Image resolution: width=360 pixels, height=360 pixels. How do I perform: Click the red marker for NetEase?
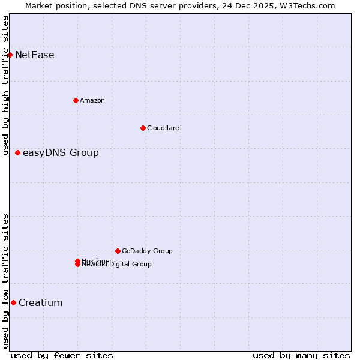10,55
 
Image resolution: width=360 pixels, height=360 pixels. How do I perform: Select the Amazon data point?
76,100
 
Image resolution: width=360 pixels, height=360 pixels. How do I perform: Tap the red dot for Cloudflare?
143,128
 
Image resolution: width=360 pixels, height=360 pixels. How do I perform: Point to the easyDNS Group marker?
17,152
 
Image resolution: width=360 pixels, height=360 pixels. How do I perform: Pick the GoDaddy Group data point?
118,251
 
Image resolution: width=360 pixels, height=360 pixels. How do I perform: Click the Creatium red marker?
13,302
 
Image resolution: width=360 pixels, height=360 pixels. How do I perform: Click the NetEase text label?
35,55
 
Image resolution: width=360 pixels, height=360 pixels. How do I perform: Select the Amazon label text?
92,100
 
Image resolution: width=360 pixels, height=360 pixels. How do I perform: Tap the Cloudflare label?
163,128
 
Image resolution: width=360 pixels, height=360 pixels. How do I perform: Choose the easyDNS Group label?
61,153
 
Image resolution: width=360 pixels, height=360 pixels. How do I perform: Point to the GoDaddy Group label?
147,251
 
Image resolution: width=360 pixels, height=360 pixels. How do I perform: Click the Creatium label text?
41,303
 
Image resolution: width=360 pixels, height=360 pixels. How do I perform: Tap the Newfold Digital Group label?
117,265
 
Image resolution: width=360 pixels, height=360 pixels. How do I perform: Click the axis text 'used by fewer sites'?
62,355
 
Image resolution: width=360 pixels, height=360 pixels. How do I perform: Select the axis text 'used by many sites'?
301,355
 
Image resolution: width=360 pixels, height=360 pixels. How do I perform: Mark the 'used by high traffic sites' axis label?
6,85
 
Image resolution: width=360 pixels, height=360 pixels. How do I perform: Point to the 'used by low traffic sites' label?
6,281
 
